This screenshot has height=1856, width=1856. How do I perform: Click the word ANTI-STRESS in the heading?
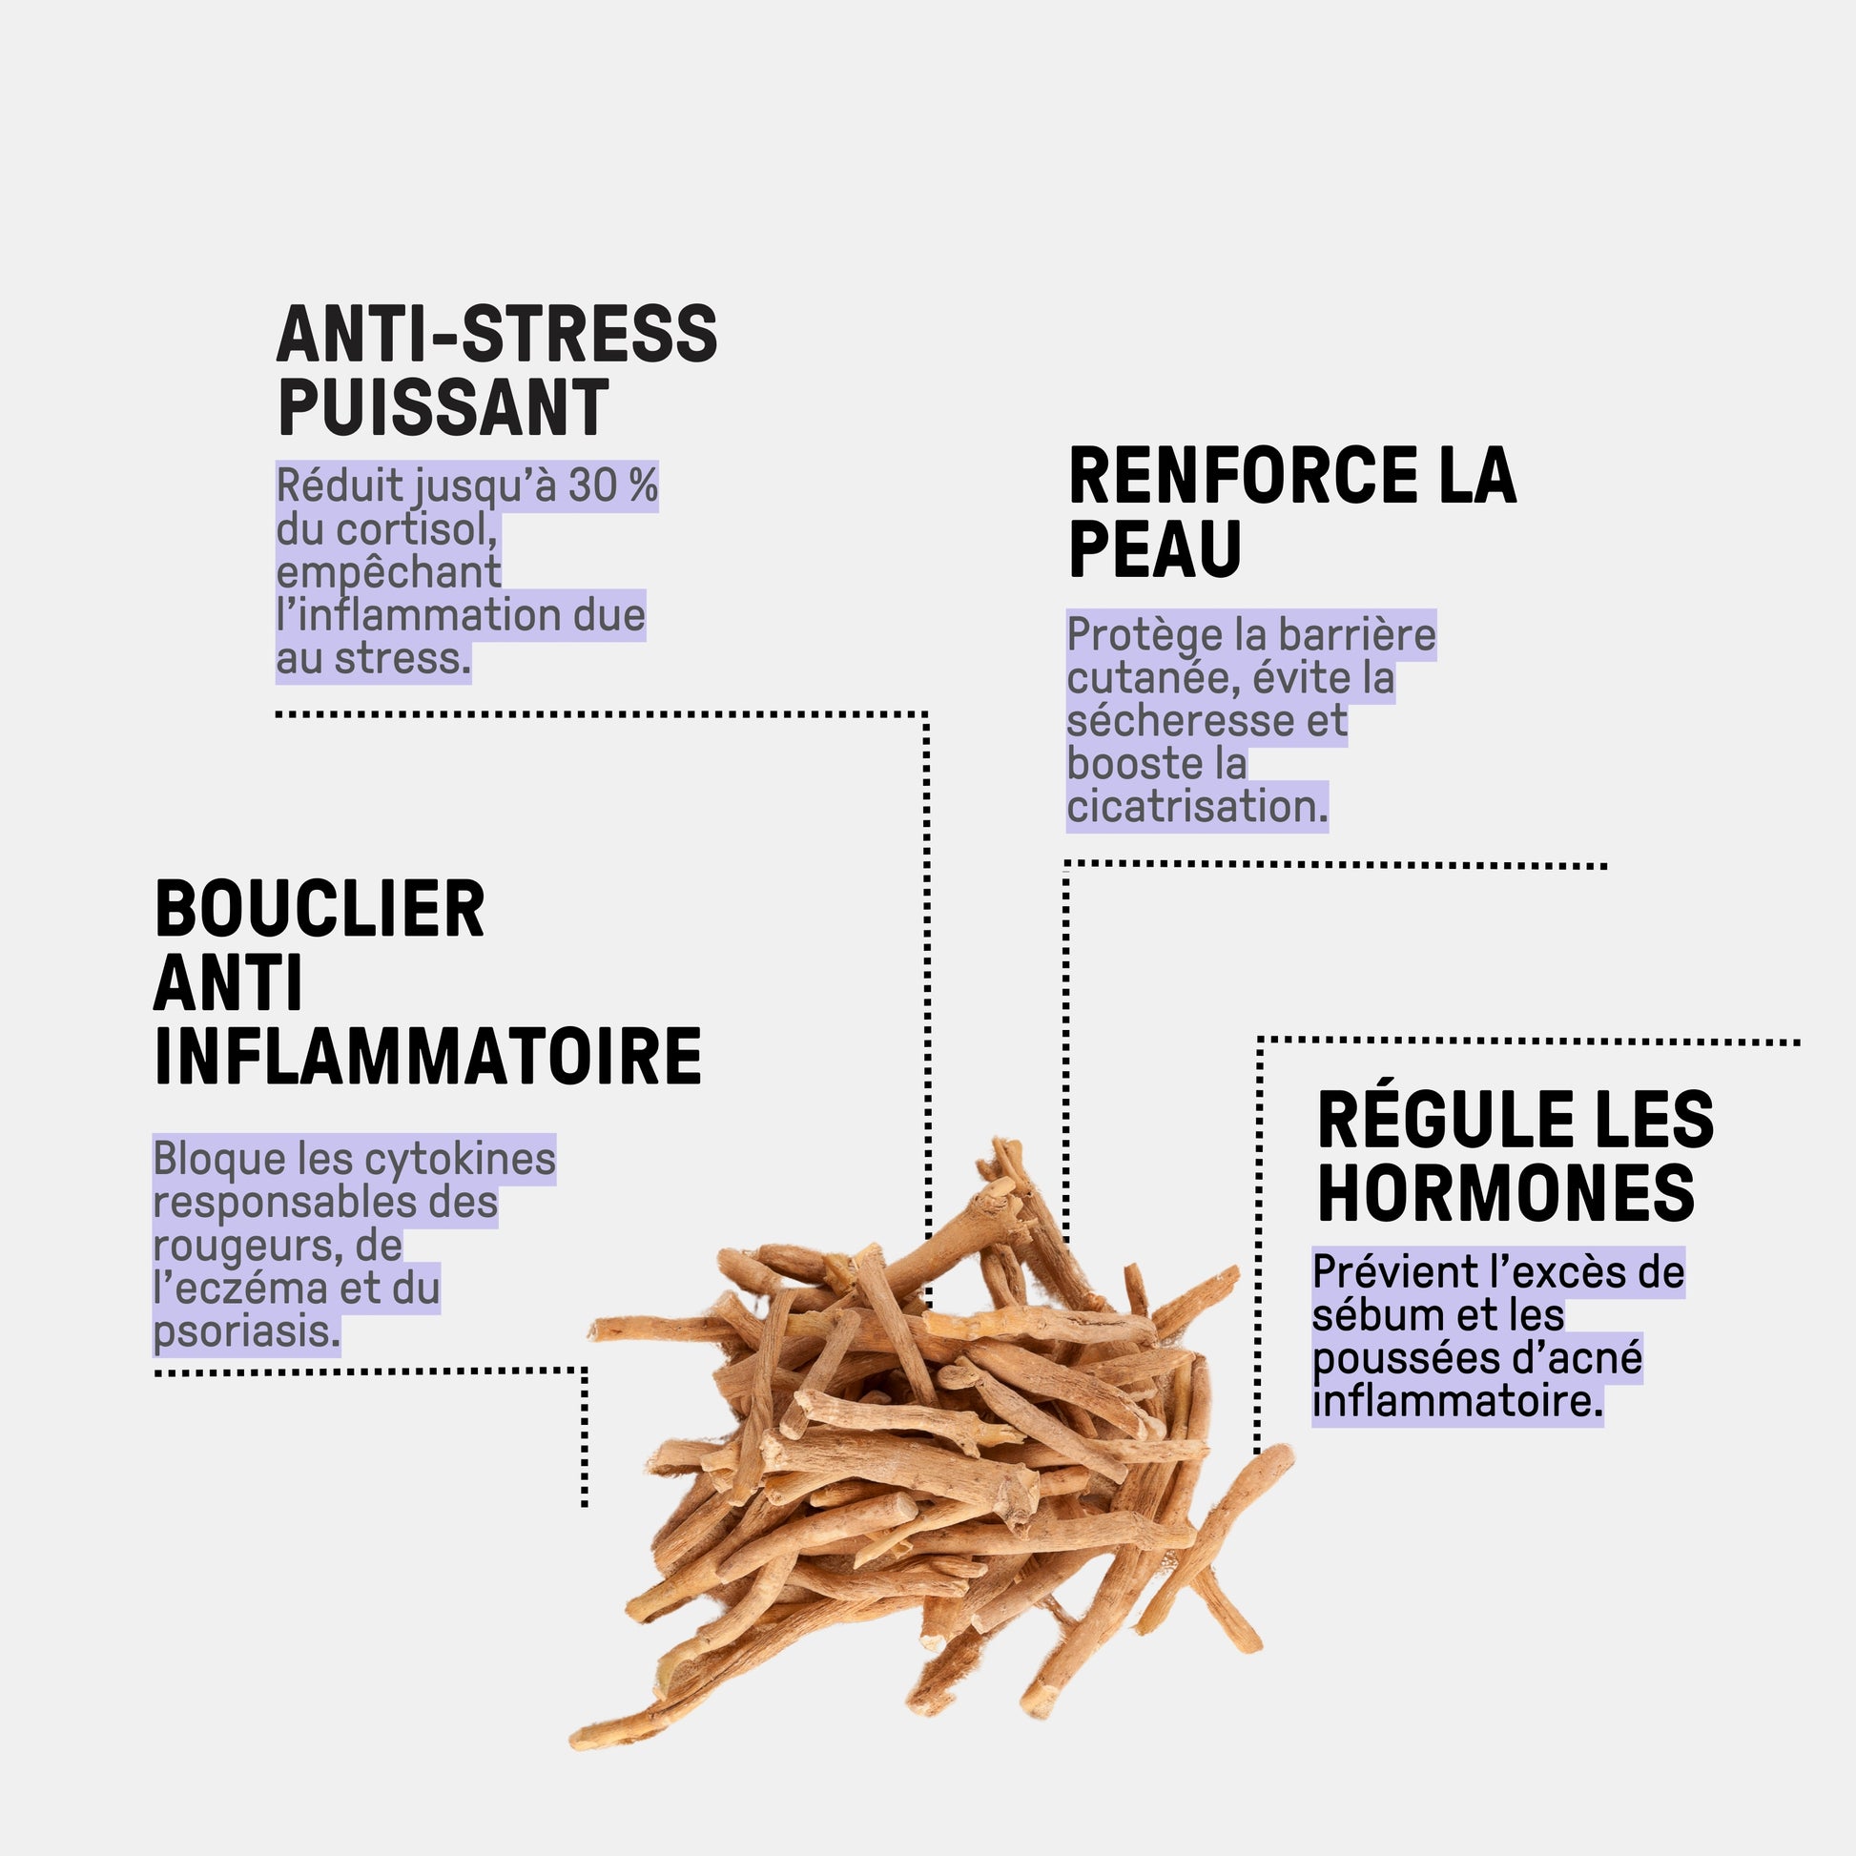coord(497,335)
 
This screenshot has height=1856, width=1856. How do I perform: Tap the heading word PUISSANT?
coord(443,407)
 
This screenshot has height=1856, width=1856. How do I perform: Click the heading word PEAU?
coord(1155,548)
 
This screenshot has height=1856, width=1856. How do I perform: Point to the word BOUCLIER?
coord(319,908)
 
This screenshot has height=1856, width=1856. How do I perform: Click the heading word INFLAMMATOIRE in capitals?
coord(427,1056)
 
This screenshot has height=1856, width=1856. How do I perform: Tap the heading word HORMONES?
coord(1505,1192)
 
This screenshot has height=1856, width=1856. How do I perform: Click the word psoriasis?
coord(247,1331)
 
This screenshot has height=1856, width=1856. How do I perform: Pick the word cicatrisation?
coord(1197,806)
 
